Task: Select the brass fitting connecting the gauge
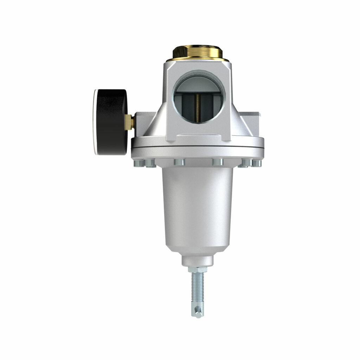tap(130, 122)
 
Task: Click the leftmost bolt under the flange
tap(137, 163)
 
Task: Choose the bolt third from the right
tap(218, 162)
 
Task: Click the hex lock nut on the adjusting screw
tap(197, 270)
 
